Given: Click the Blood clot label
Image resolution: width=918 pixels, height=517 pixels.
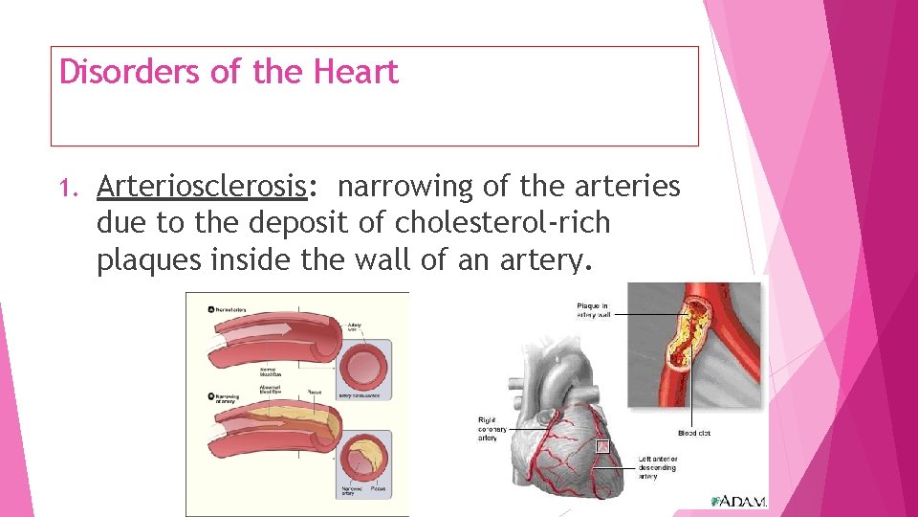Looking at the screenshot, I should [x=694, y=433].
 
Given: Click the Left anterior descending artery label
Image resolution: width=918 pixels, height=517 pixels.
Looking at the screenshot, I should [x=657, y=468].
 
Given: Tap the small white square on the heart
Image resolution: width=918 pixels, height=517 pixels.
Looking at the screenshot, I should [x=601, y=446].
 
